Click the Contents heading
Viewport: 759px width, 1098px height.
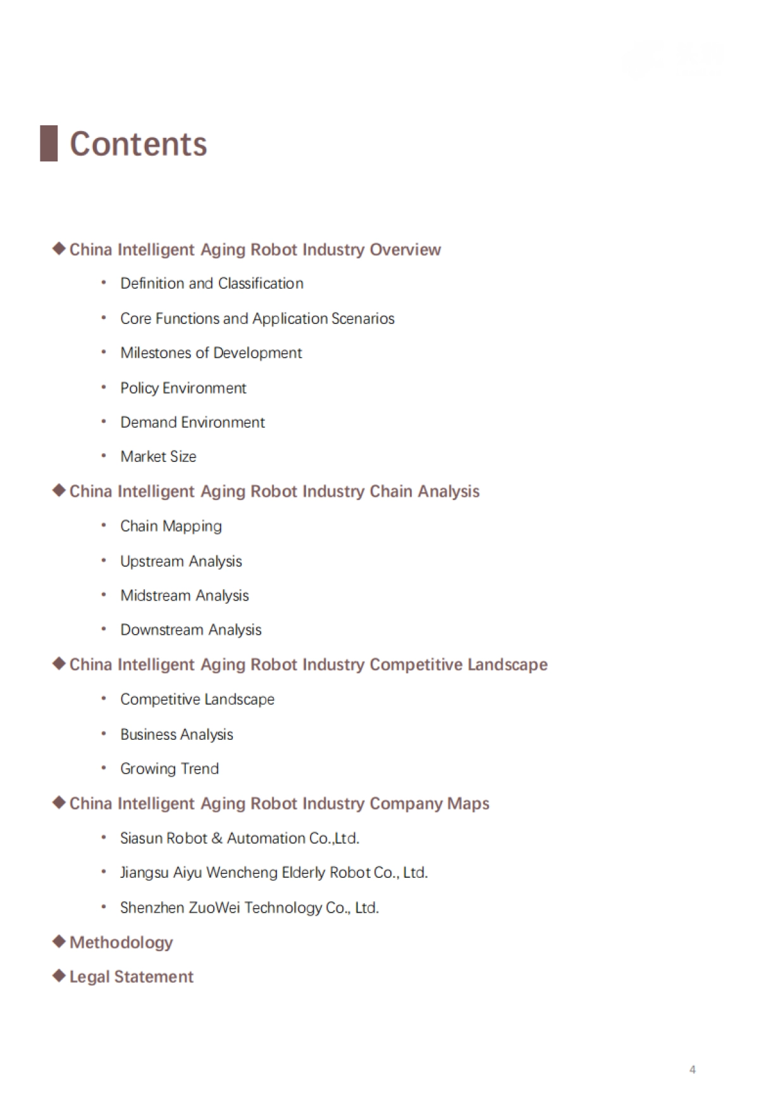click(138, 144)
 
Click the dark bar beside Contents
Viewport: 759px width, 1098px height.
click(49, 144)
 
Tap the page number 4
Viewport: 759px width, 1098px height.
click(693, 1070)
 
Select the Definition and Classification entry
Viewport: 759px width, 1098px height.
click(211, 284)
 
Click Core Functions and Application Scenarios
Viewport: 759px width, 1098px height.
click(257, 318)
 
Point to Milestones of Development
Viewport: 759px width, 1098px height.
click(211, 353)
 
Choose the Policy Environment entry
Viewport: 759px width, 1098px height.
click(183, 388)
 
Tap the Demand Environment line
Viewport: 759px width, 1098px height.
click(192, 422)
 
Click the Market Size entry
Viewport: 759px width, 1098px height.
click(158, 456)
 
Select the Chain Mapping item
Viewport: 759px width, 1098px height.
click(171, 527)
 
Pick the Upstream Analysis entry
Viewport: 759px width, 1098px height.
click(181, 561)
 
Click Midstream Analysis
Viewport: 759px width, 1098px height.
click(184, 596)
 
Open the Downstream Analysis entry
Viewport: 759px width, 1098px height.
click(190, 630)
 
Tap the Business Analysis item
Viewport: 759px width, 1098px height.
click(176, 734)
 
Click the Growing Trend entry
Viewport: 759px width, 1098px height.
click(170, 769)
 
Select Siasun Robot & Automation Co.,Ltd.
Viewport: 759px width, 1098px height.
click(239, 839)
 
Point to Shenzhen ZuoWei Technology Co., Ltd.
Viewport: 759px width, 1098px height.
click(249, 908)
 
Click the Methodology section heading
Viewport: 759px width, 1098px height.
click(121, 942)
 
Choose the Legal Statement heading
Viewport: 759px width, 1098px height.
click(131, 977)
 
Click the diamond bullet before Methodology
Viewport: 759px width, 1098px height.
click(59, 942)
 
